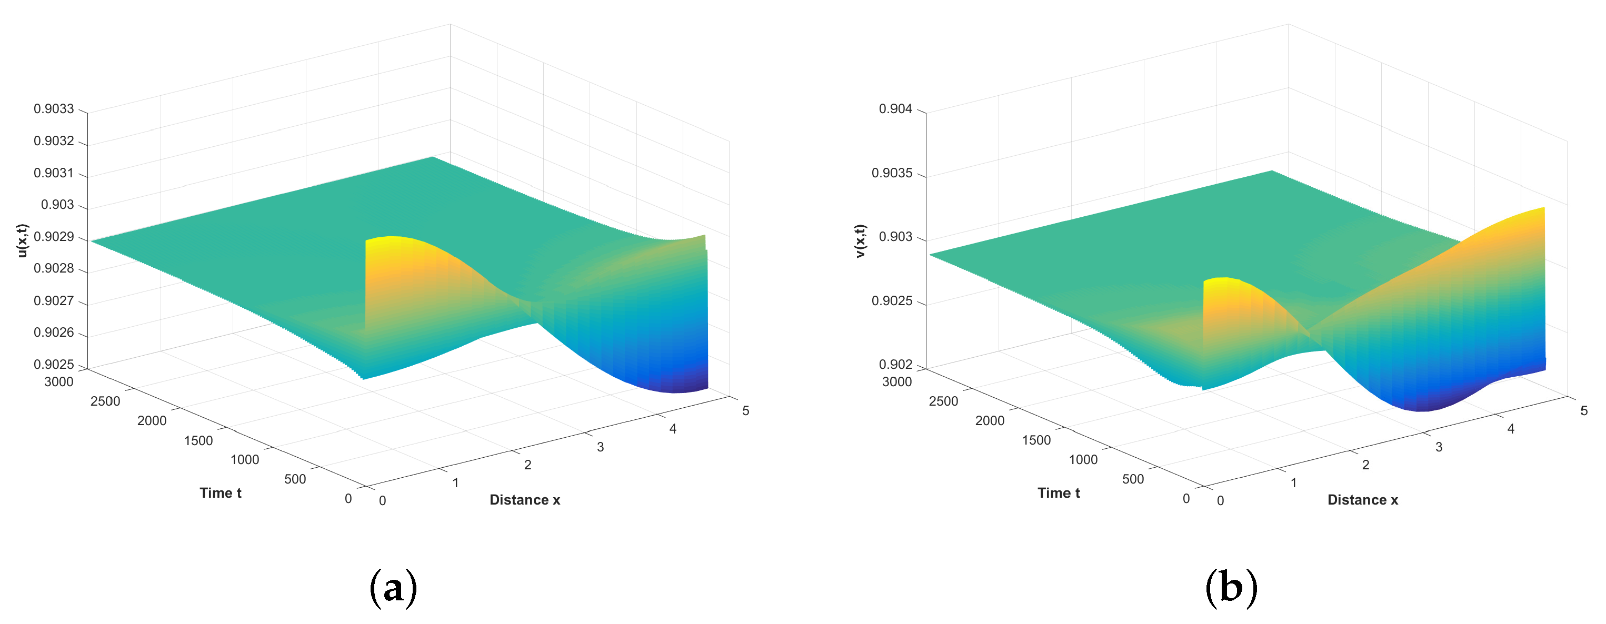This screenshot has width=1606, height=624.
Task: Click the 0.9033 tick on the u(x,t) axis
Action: (x=54, y=109)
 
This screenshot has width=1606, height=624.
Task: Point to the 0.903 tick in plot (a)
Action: (x=57, y=205)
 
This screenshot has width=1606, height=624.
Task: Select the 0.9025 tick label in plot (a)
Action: (x=54, y=365)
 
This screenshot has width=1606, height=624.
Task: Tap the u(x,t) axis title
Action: (x=23, y=240)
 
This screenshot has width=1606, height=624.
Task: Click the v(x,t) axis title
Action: (x=860, y=240)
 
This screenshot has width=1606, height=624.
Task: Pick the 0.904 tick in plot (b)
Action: (x=895, y=109)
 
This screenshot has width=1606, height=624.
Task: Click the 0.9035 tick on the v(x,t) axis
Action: (x=892, y=173)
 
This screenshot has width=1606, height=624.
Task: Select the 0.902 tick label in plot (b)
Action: (x=895, y=365)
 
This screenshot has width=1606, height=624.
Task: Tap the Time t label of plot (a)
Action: (x=220, y=493)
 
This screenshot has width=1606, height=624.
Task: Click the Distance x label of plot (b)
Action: (x=1362, y=500)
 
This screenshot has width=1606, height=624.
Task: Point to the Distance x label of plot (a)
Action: (x=524, y=500)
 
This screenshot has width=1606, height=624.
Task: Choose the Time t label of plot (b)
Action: (x=1058, y=493)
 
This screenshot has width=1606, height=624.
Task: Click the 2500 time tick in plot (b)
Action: (x=943, y=401)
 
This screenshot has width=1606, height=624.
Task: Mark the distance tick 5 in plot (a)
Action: (x=746, y=411)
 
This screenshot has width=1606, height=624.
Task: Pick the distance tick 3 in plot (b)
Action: (x=1438, y=447)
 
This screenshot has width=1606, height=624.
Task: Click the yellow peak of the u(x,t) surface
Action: (x=390, y=240)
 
